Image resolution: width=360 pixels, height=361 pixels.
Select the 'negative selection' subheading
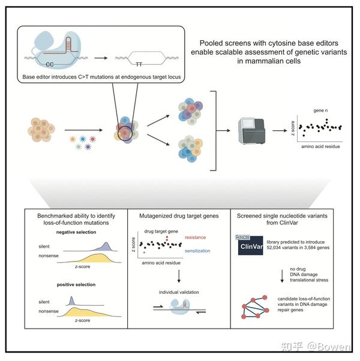tap(77, 231)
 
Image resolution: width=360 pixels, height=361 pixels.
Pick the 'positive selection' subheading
tap(76, 284)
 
